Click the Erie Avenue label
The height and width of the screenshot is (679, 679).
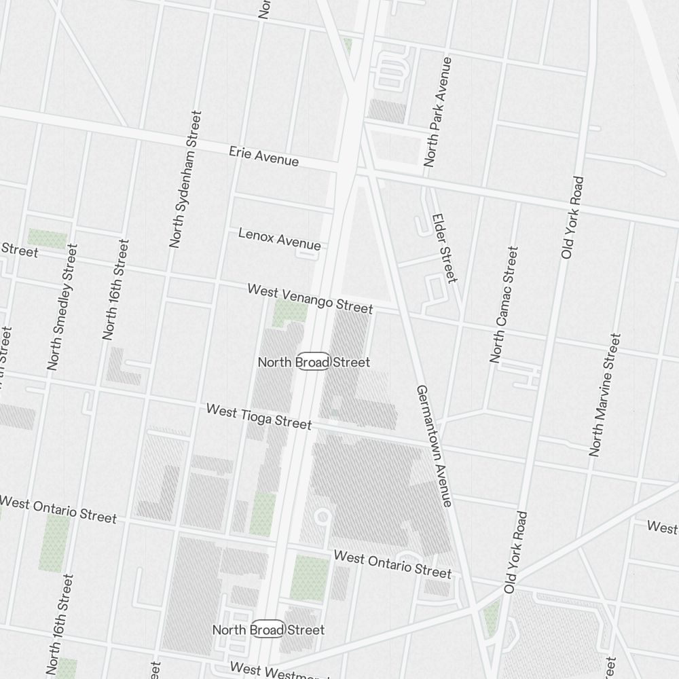point(263,155)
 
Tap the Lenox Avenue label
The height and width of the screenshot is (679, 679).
point(279,238)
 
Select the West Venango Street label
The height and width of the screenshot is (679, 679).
point(310,299)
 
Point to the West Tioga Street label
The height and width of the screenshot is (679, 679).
point(259,416)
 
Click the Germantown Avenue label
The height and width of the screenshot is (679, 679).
point(434,445)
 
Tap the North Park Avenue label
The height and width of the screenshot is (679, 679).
point(438,112)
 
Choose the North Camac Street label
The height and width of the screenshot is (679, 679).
point(504,304)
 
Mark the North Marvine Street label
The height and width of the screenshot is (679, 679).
point(605,394)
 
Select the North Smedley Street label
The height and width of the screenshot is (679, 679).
point(62,307)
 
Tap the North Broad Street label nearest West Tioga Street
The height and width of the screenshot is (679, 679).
point(314,362)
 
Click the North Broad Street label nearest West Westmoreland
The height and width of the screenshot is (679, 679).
point(268,629)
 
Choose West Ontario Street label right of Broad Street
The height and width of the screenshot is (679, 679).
point(392,564)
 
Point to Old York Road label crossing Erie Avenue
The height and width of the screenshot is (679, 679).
point(572,217)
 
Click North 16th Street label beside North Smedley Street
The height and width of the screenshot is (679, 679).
point(115,289)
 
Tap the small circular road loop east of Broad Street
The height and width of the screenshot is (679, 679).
point(323,517)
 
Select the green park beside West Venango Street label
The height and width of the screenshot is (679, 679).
point(291,312)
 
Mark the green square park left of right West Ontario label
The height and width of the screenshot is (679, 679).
point(310,577)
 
